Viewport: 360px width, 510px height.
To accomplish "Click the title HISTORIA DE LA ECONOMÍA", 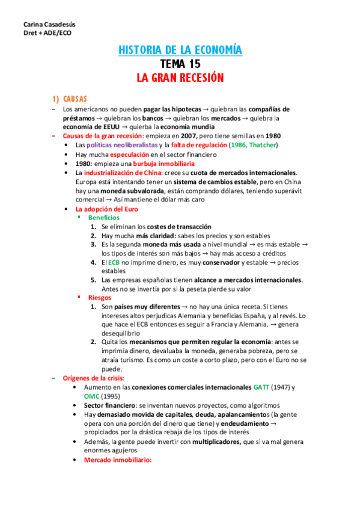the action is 180,50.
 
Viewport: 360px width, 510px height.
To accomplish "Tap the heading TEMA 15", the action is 180,64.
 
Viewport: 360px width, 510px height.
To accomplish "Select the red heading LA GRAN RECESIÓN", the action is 180,78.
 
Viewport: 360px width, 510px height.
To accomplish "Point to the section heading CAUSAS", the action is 75,99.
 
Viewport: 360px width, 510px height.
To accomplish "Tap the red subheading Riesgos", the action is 100,297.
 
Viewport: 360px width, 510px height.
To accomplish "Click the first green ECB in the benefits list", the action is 113,262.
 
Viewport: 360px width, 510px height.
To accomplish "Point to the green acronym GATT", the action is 263,387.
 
